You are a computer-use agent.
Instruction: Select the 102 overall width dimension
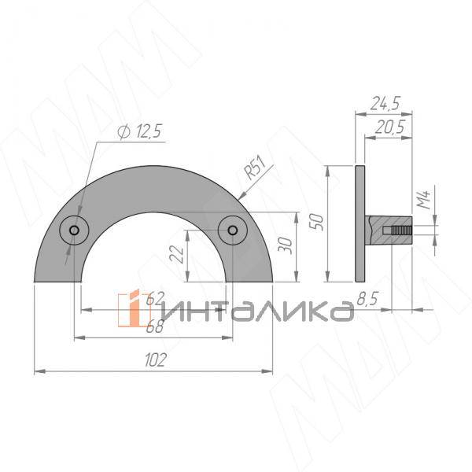tap(155, 360)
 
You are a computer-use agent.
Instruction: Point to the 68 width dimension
tap(155, 328)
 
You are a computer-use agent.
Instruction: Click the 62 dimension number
tap(155, 297)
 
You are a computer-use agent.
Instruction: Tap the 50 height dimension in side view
tap(318, 223)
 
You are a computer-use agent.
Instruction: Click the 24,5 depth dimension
tap(385, 102)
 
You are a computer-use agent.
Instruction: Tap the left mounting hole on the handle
tap(74, 230)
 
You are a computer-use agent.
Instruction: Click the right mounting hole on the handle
tap(234, 230)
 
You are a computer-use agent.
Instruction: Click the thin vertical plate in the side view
tap(360, 223)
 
